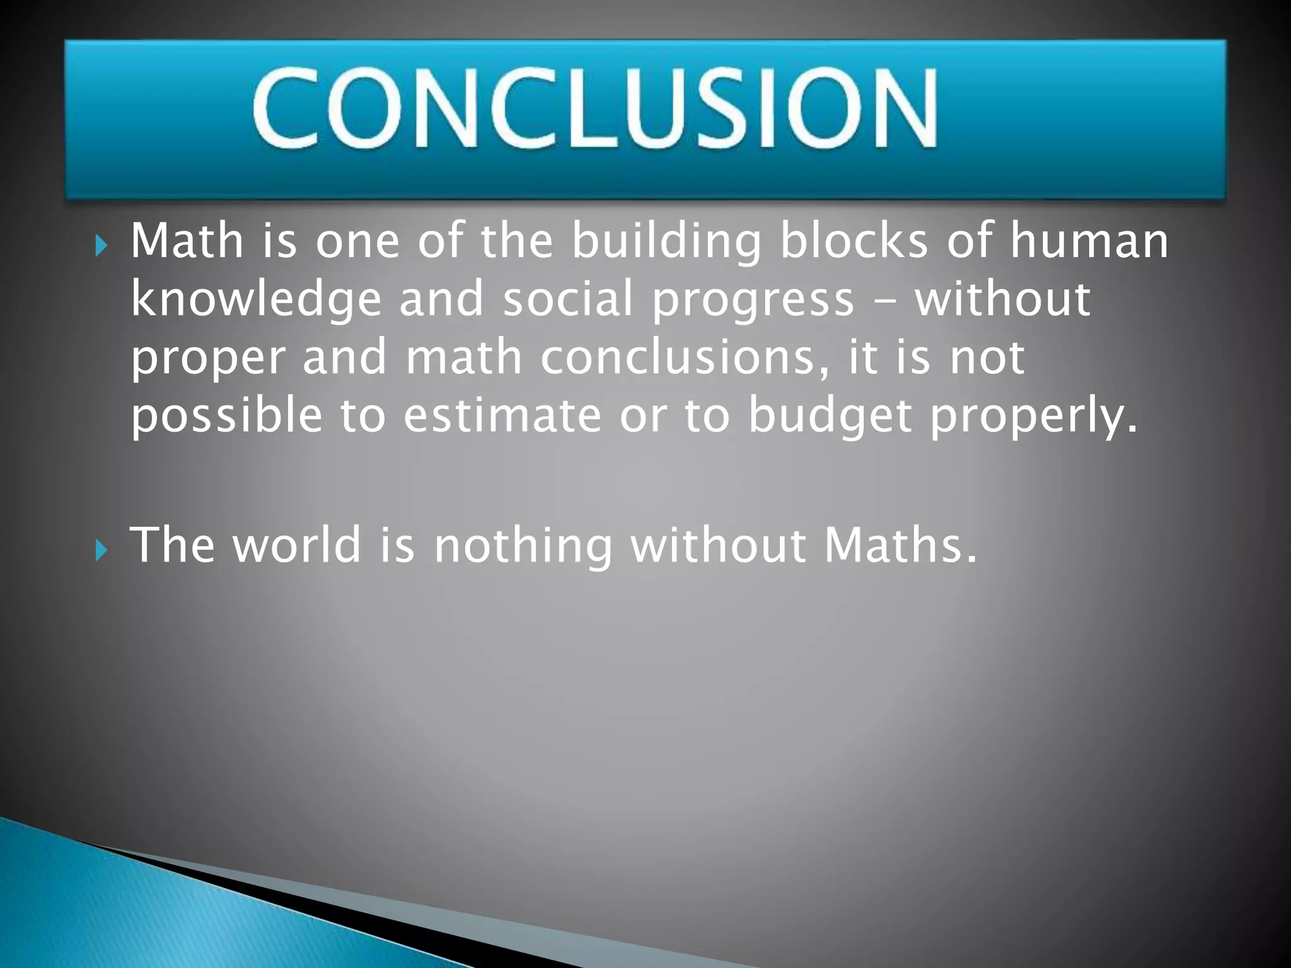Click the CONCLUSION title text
[595, 108]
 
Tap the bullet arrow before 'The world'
[101, 550]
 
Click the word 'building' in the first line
[666, 243]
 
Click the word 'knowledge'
[256, 301]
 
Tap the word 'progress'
[753, 301]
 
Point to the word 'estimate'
[502, 416]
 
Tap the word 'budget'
[830, 417]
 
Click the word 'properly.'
[1034, 417]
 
